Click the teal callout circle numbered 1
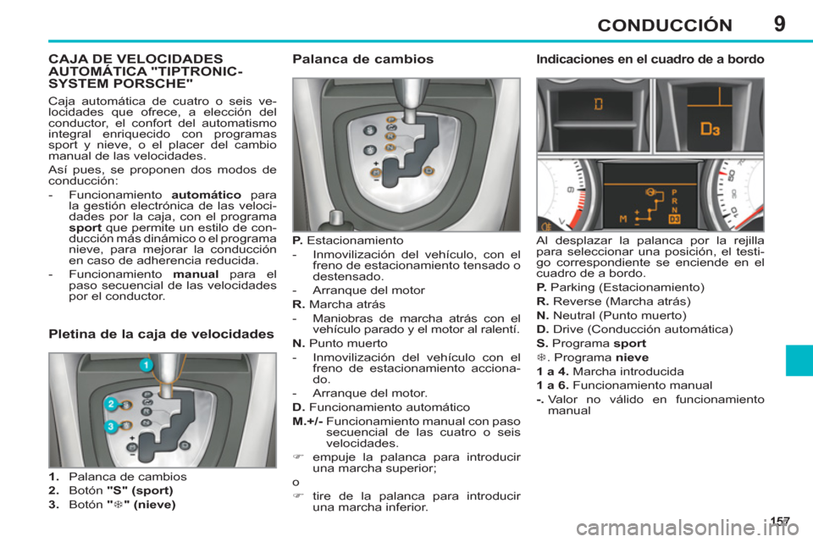[x=145, y=365]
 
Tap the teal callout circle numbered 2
[x=110, y=404]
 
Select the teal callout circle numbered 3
[x=110, y=428]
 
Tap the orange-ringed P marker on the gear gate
[x=390, y=121]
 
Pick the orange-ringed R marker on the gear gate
[x=390, y=134]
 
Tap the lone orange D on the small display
[x=599, y=105]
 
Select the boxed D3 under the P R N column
[x=674, y=219]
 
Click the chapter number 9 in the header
[x=778, y=23]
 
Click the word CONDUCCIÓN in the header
[x=663, y=25]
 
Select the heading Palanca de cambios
[x=362, y=60]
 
